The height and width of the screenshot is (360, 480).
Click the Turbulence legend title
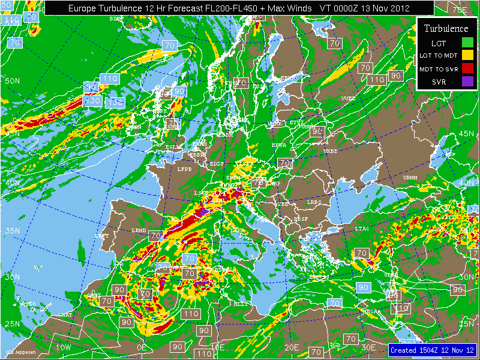[x=446, y=28]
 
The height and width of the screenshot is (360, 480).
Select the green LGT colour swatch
[x=467, y=43]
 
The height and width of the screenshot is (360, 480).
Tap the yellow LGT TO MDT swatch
[x=467, y=55]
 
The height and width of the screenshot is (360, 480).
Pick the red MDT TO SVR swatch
[x=467, y=68]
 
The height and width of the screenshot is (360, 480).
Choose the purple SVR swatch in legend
[x=467, y=81]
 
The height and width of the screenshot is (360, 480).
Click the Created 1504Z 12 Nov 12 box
[x=432, y=350]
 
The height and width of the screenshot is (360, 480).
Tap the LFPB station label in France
[x=184, y=170]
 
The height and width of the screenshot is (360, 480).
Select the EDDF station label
[x=217, y=163]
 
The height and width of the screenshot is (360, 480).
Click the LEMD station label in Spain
[x=139, y=230]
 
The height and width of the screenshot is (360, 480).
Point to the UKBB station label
[x=331, y=151]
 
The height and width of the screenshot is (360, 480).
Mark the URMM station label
[x=410, y=178]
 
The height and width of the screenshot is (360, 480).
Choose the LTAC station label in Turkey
[x=362, y=229]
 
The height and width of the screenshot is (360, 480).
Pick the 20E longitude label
[x=292, y=347]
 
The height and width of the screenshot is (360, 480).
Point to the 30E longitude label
[x=368, y=347]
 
